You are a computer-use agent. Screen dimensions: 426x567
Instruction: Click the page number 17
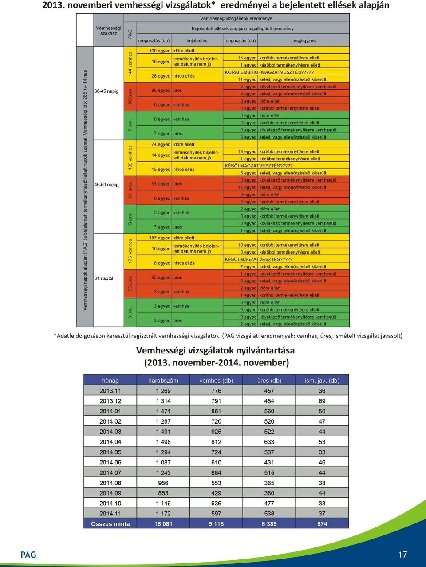(x=402, y=554)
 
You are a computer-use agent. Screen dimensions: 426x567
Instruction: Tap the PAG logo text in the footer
(x=28, y=555)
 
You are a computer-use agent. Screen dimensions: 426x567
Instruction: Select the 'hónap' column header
(x=110, y=381)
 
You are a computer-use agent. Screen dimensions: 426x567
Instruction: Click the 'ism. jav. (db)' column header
(x=322, y=381)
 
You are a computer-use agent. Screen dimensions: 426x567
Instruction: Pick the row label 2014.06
(x=110, y=462)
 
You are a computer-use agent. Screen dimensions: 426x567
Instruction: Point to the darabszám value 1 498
(x=163, y=442)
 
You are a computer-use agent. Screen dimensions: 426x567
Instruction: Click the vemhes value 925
(x=216, y=432)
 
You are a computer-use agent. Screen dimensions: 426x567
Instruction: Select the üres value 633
(x=269, y=442)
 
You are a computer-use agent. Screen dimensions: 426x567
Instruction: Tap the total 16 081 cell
(x=163, y=524)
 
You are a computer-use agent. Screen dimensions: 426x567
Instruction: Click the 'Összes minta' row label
(x=110, y=524)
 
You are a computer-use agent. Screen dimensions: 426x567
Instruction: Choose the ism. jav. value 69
(x=322, y=401)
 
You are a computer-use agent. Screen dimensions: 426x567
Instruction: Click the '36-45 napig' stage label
(x=106, y=91)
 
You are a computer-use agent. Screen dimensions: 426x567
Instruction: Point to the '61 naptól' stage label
(x=104, y=278)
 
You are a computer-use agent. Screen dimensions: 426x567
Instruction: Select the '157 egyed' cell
(x=160, y=238)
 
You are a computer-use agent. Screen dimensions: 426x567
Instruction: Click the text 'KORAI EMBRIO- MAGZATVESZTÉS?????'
(x=269, y=72)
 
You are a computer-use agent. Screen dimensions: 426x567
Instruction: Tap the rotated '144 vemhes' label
(x=130, y=64)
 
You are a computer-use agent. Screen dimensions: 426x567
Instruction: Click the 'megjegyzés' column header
(x=303, y=40)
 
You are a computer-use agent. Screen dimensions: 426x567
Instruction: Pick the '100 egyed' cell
(x=160, y=51)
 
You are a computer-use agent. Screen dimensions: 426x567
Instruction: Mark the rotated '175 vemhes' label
(x=130, y=251)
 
